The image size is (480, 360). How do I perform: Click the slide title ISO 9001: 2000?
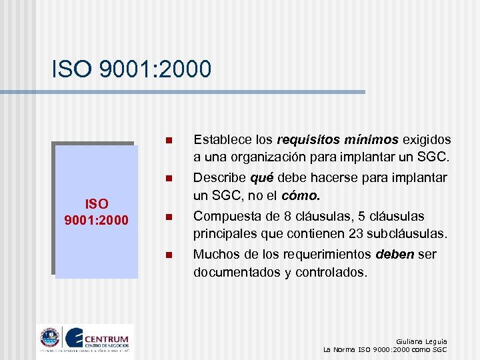pos(131,69)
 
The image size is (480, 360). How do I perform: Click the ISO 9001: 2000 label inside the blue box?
pos(97,211)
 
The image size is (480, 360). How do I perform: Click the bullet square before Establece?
pos(169,141)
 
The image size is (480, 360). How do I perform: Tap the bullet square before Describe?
pos(169,179)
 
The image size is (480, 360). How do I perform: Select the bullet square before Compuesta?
pos(169,217)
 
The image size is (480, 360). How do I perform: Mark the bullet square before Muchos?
pos(169,255)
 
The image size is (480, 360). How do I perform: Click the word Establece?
pos(219,140)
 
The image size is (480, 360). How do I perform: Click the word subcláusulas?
pos(406,235)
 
